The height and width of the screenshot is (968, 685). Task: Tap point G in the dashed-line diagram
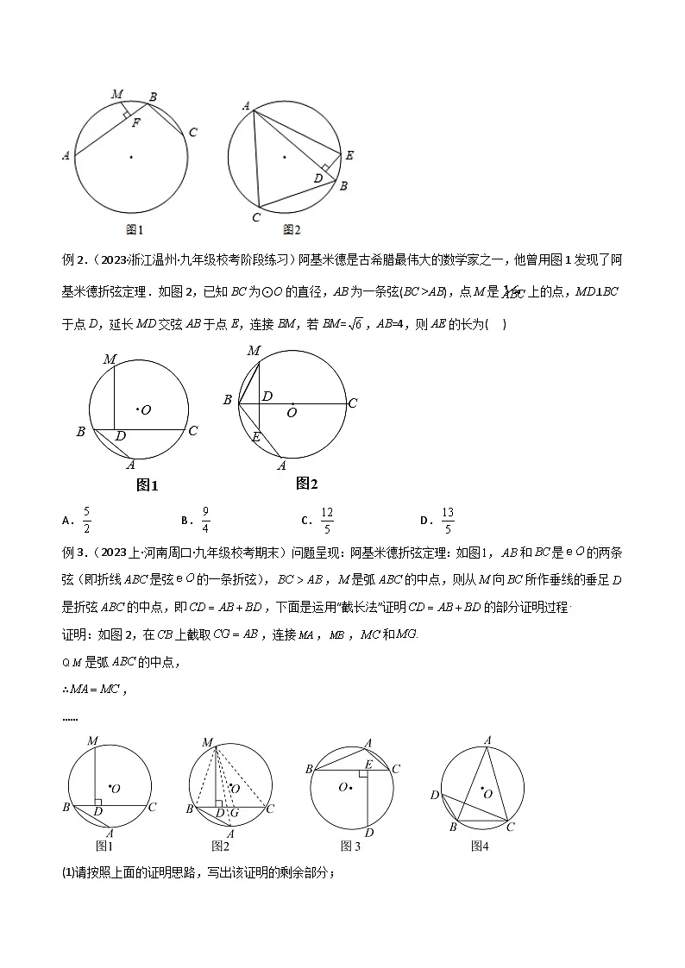pyautogui.click(x=234, y=813)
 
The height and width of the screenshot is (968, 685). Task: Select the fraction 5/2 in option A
pyautogui.click(x=86, y=520)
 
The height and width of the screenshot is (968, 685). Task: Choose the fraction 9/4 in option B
pyautogui.click(x=205, y=520)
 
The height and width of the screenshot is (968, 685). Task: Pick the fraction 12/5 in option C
pyautogui.click(x=327, y=520)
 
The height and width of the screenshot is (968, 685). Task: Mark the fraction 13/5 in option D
pyautogui.click(x=447, y=520)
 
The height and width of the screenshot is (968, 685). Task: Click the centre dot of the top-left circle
pyautogui.click(x=131, y=156)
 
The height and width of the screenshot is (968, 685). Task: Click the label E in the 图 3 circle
pyautogui.click(x=368, y=765)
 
